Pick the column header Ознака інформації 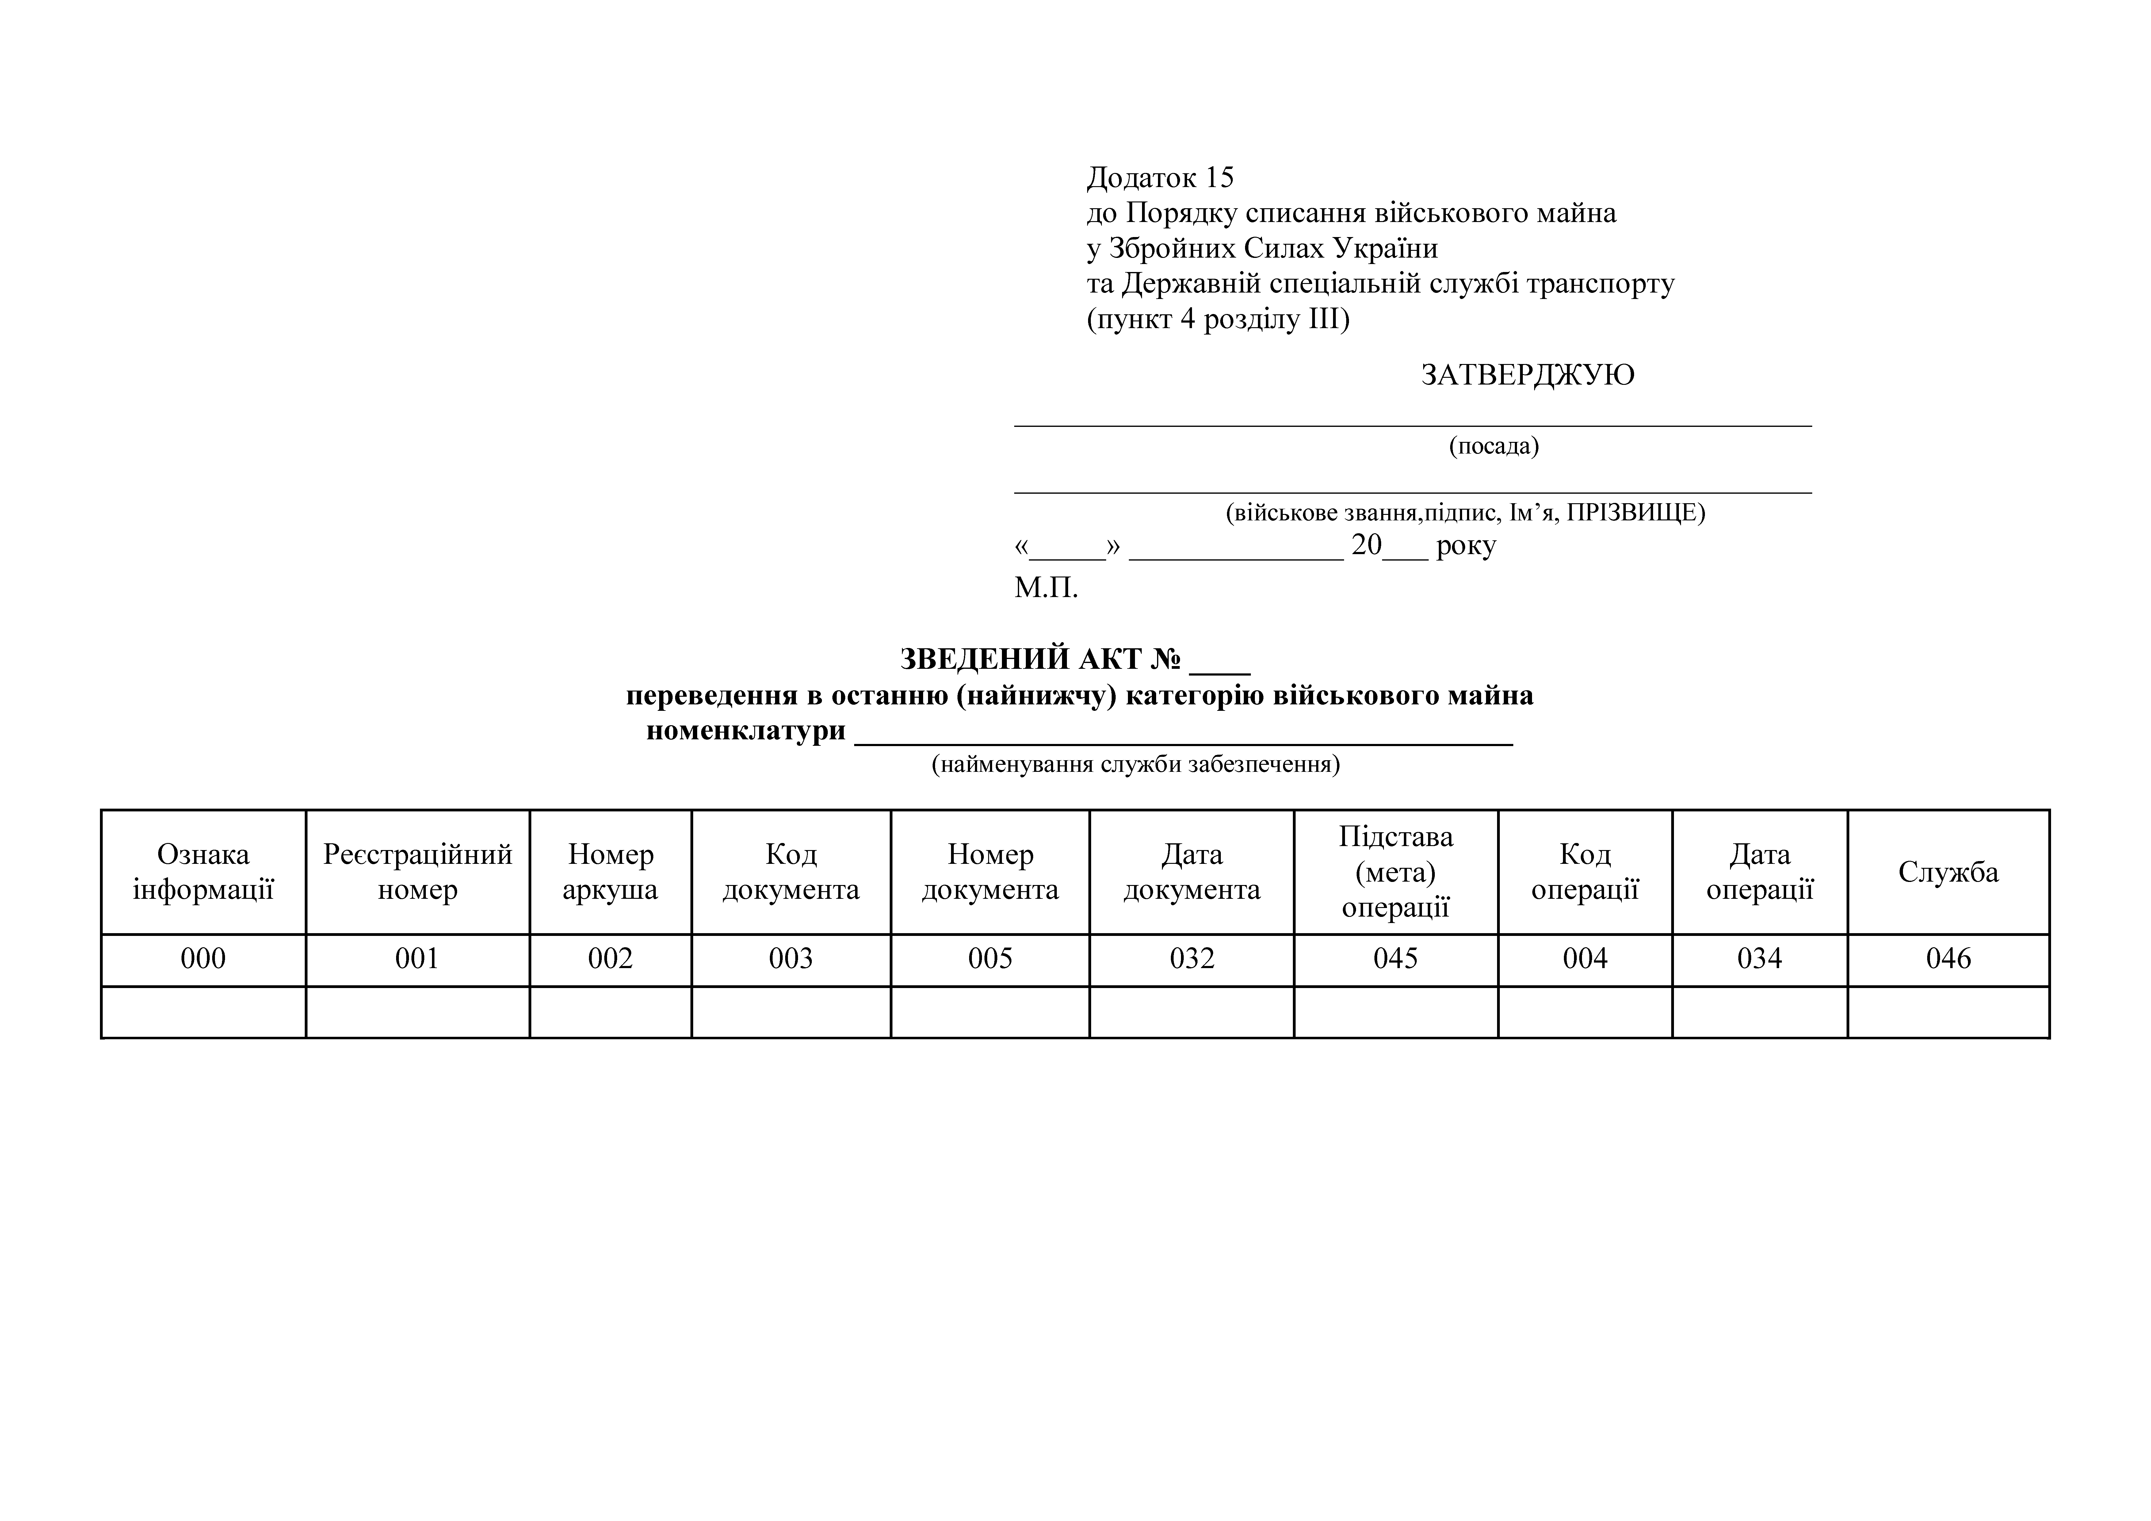pyautogui.click(x=203, y=872)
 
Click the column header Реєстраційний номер pyautogui.click(x=418, y=872)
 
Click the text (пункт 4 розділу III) pyautogui.click(x=1218, y=320)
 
